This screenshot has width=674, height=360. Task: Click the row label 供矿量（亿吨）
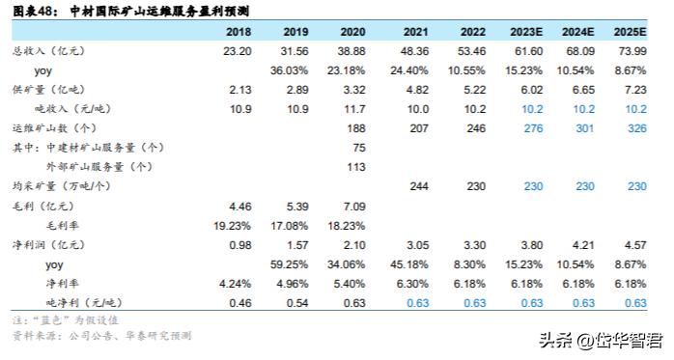pos(46,90)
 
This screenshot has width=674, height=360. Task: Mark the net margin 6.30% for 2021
pos(416,283)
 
